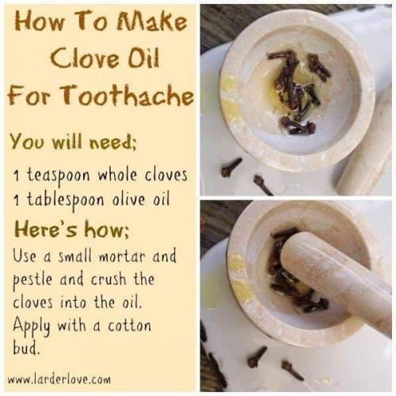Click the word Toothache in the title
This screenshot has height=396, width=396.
pyautogui.click(x=128, y=96)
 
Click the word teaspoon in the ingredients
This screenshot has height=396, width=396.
pyautogui.click(x=59, y=176)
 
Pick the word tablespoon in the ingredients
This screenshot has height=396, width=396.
pyautogui.click(x=66, y=200)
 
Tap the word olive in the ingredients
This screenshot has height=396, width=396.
pyautogui.click(x=129, y=199)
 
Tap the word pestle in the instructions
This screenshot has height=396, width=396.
pyautogui.click(x=32, y=280)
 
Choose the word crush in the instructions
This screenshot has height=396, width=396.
pyautogui.click(x=109, y=280)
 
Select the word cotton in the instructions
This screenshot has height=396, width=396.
pyautogui.click(x=129, y=326)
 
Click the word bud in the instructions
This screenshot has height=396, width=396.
pyautogui.click(x=26, y=348)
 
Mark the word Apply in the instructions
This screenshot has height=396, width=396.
pyautogui.click(x=32, y=326)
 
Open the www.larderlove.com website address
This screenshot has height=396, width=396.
pyautogui.click(x=59, y=379)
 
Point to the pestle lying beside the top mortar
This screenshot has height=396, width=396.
pyautogui.click(x=366, y=148)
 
